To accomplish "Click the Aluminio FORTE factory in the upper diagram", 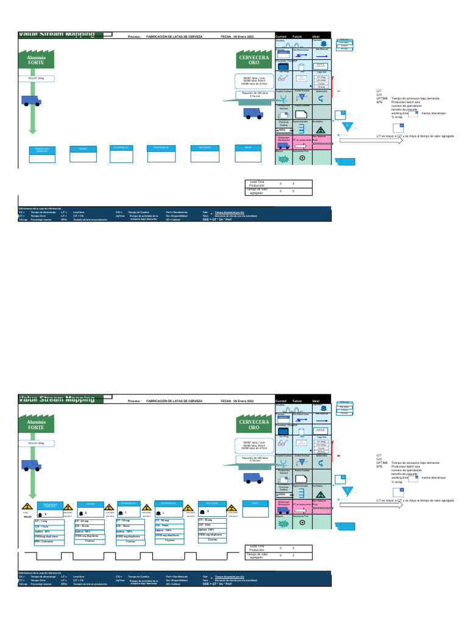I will [x=37, y=59].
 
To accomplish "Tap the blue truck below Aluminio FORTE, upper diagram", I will [x=31, y=100].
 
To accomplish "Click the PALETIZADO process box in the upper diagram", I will [x=205, y=148].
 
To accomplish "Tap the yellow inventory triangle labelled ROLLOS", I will [x=27, y=508].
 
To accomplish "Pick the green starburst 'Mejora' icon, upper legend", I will [x=283, y=158].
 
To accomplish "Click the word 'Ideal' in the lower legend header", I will [x=316, y=401].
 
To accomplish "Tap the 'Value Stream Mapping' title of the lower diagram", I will [x=56, y=399].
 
